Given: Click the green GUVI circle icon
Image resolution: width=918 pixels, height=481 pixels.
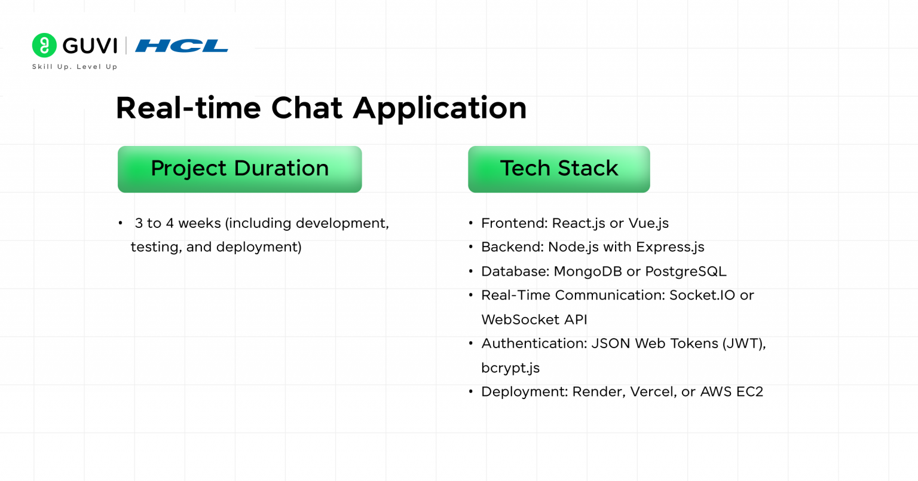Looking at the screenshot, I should click(44, 45).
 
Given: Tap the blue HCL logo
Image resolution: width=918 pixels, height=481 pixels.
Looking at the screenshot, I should click(182, 46).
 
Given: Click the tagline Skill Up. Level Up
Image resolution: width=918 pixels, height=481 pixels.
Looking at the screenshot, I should click(75, 67).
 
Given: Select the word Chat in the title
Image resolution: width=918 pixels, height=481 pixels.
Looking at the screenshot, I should click(307, 108).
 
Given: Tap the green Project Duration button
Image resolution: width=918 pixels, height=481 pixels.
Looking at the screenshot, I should click(240, 169).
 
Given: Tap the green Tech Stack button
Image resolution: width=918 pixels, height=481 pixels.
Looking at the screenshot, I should click(559, 169).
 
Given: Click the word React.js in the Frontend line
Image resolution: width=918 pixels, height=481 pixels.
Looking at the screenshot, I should click(578, 224).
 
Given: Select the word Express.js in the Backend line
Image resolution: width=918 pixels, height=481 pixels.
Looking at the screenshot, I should click(670, 248).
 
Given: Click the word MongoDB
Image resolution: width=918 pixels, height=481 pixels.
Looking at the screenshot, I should click(587, 272).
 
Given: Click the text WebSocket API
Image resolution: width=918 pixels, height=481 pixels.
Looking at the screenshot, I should click(534, 320).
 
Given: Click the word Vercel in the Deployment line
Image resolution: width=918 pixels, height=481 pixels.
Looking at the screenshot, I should click(654, 392).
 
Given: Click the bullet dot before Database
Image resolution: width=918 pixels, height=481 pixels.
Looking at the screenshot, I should click(471, 272).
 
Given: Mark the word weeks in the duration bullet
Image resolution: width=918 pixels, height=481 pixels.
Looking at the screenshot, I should click(200, 223).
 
